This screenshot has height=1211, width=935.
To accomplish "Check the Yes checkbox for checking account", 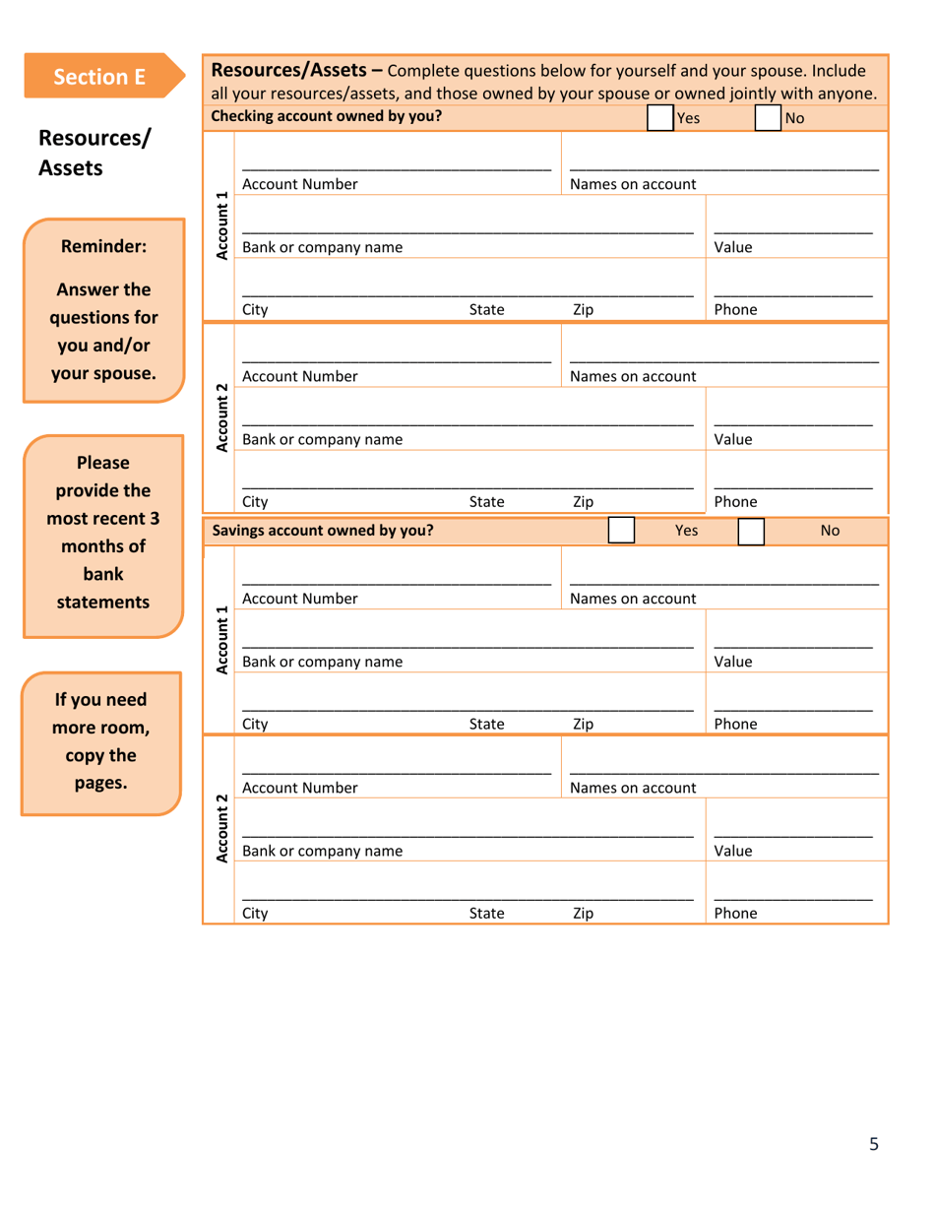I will pyautogui.click(x=660, y=119).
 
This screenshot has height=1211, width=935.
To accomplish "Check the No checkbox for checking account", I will pyautogui.click(x=768, y=119).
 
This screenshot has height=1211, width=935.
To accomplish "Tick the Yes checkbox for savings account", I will pyautogui.click(x=621, y=531).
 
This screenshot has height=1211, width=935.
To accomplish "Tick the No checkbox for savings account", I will pyautogui.click(x=751, y=531).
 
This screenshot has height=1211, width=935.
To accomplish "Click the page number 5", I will pyautogui.click(x=873, y=1143).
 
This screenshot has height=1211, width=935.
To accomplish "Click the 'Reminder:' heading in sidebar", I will pyautogui.click(x=103, y=247).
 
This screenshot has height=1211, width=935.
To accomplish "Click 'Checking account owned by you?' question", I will pyautogui.click(x=327, y=116).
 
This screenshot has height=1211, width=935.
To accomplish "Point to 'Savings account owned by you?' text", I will pyautogui.click(x=323, y=531).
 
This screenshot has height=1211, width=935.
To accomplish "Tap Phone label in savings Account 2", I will pyautogui.click(x=735, y=913).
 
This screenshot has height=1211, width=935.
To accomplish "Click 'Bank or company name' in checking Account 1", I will pyautogui.click(x=323, y=247).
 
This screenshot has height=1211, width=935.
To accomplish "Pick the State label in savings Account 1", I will pyautogui.click(x=486, y=724).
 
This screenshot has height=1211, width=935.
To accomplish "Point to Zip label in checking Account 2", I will pyautogui.click(x=583, y=501).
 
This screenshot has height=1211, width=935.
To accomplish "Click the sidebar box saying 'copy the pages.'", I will pyautogui.click(x=101, y=743).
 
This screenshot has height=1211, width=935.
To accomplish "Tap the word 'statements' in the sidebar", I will pyautogui.click(x=103, y=602).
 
